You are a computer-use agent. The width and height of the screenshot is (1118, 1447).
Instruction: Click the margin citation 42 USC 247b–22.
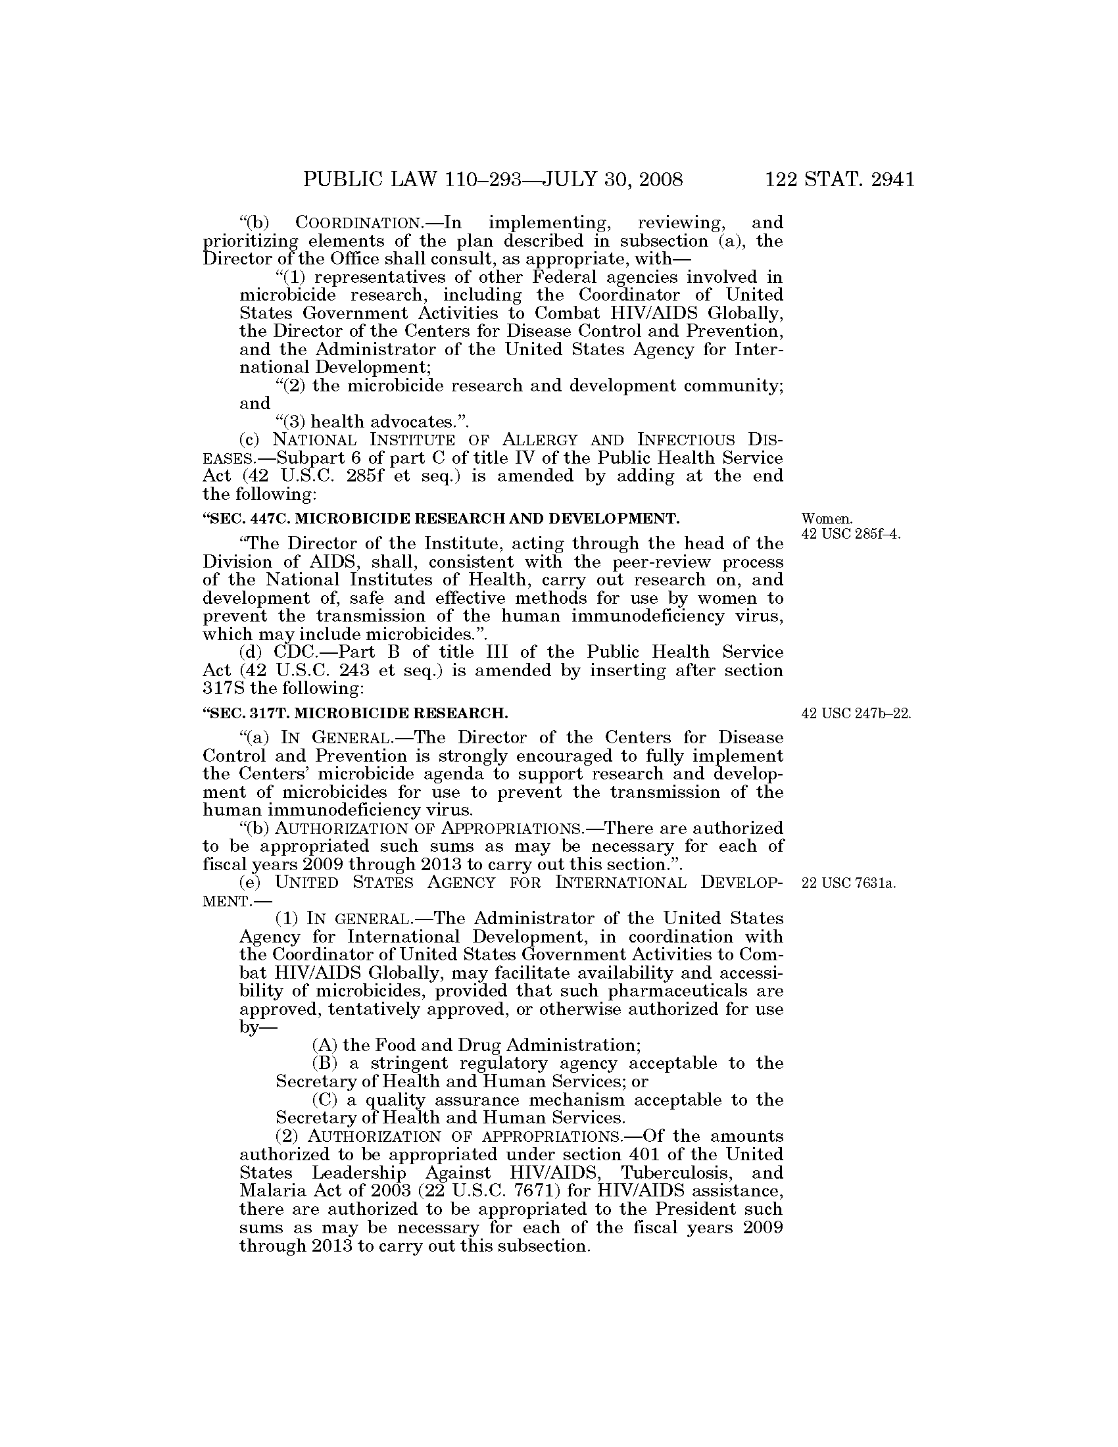856,714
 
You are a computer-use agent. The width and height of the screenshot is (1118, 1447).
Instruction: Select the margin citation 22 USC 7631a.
848,883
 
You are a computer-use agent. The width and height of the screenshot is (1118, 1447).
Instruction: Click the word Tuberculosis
677,1173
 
